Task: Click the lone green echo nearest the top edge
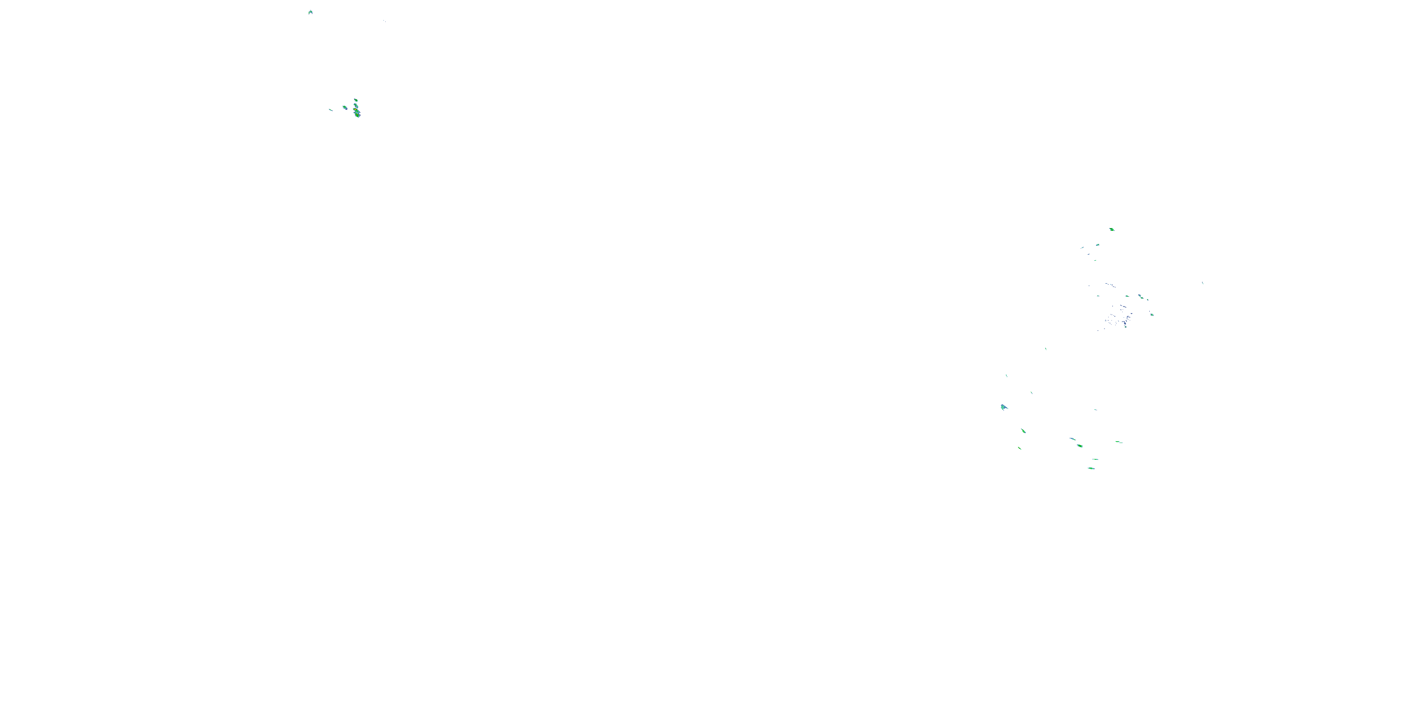(310, 11)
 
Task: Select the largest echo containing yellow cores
(357, 113)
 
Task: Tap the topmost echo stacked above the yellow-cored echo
(355, 100)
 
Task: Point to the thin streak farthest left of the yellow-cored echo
(330, 109)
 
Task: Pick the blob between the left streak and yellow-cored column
(344, 107)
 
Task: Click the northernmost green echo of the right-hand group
(1111, 229)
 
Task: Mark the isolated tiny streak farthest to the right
(1203, 283)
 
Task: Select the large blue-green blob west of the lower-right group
(1004, 407)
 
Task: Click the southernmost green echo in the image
(1091, 468)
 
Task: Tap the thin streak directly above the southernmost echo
(1095, 459)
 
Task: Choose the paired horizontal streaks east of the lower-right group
(1119, 442)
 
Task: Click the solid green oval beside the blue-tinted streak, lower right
(1080, 446)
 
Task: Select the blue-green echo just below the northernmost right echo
(1097, 245)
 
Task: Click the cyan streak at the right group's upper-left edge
(1083, 248)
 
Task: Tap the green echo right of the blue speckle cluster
(1151, 314)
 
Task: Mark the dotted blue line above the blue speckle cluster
(1110, 285)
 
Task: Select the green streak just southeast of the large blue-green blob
(1023, 430)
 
